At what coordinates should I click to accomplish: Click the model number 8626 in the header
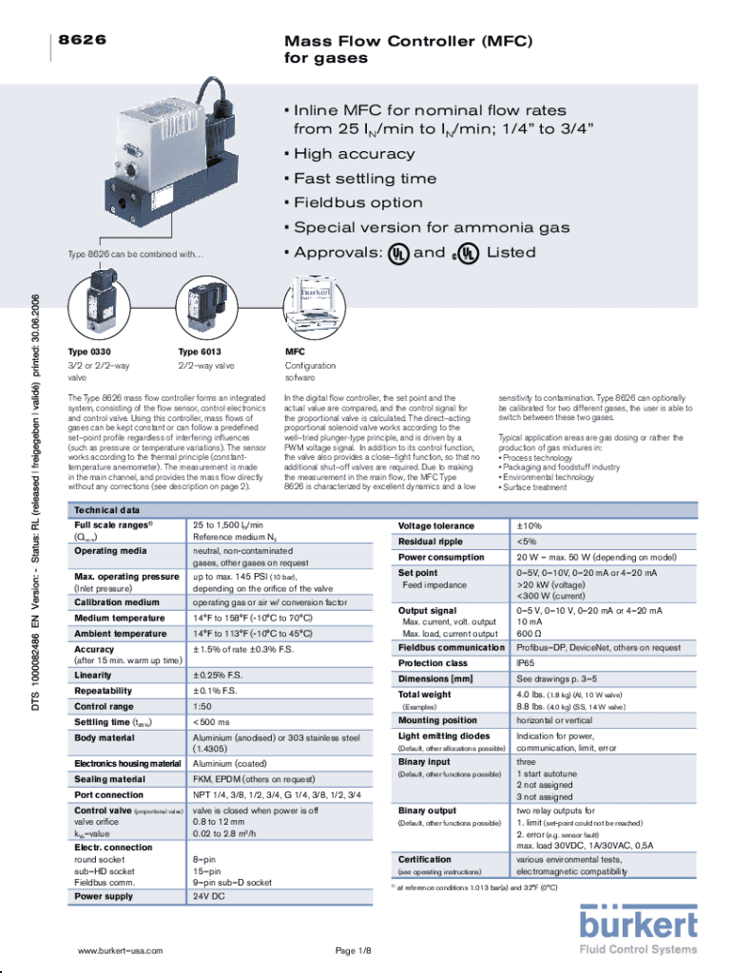tap(81, 42)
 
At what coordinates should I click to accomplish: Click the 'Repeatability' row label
tap(104, 691)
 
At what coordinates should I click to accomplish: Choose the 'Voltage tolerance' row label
tap(436, 525)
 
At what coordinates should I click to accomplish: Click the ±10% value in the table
tap(529, 525)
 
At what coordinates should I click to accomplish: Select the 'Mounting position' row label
tap(438, 720)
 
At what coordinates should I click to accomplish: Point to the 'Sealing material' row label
tap(110, 779)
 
